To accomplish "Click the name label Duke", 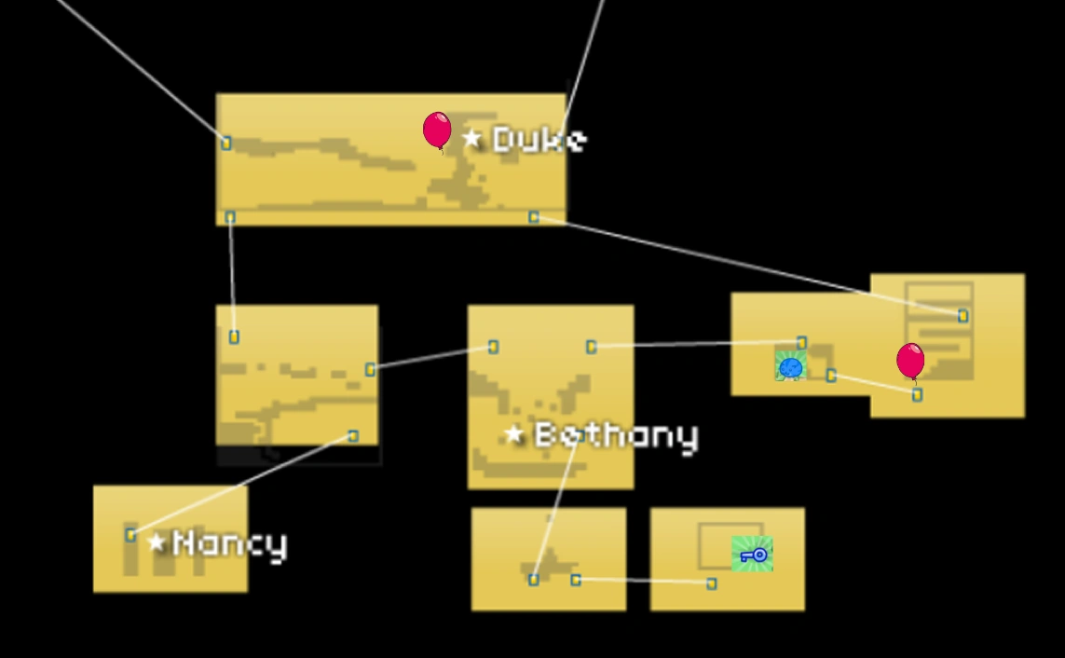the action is (539, 140).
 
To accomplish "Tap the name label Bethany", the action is (616, 435).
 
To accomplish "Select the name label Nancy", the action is (230, 543).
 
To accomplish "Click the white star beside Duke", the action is (472, 139).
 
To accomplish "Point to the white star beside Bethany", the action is (514, 434).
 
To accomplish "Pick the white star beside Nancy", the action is (157, 542).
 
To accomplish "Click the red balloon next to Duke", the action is (437, 130).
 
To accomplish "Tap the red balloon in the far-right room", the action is (910, 361).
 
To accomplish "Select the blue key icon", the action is (753, 555).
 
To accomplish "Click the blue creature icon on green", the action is (790, 366).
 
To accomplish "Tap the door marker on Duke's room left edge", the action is (225, 143).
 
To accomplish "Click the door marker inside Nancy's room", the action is (130, 535).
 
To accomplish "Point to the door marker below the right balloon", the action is (917, 395).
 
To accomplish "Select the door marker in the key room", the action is (712, 583).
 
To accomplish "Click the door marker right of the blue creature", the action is (831, 376).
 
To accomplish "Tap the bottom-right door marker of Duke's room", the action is (533, 217).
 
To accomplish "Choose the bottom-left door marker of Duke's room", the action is (230, 217).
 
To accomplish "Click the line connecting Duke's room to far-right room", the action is (745, 265).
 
